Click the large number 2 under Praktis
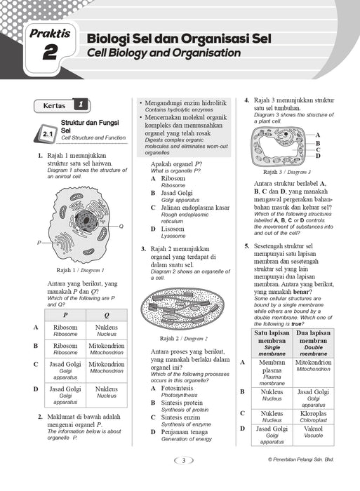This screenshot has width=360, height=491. pos(50,52)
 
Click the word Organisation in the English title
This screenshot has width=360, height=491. pos(206,53)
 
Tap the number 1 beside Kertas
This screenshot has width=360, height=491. pos(81,105)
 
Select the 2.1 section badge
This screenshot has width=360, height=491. pos(48,135)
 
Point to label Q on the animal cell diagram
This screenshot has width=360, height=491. pos(121,226)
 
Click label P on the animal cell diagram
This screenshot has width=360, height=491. pos(39,243)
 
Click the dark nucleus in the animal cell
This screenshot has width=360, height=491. pos(85,220)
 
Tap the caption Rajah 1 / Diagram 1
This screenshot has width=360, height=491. pos(80,270)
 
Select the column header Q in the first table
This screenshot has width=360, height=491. pos(107,315)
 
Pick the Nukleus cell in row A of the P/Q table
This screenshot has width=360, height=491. pos(107,330)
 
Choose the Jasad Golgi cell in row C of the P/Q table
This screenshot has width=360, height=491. pos(65,370)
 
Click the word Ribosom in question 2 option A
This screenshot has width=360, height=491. pos(173,178)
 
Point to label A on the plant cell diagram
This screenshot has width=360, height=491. pos(318,135)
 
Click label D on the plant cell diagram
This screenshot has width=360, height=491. pos(318,156)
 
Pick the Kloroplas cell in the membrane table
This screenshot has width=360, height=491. pos(313,417)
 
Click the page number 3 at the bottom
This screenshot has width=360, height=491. pos(184,460)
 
